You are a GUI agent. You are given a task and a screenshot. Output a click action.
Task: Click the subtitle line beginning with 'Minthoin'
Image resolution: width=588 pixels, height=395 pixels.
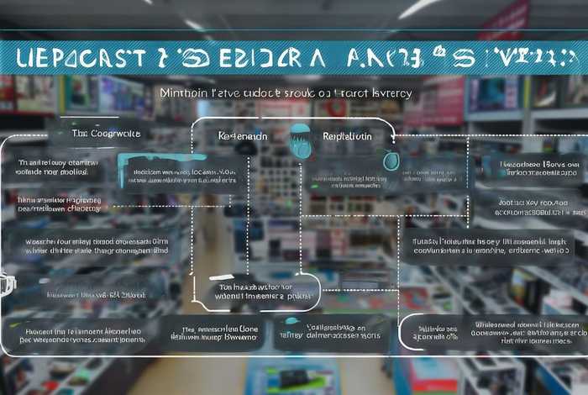tap(286, 94)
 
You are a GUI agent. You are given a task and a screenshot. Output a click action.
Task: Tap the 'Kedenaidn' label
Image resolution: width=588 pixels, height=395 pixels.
tap(243, 135)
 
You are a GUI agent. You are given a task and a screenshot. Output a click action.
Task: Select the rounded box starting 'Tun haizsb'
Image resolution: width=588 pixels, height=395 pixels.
tap(257, 290)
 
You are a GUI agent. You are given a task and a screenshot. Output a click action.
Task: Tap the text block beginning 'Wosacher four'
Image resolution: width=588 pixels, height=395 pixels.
tap(96, 245)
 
